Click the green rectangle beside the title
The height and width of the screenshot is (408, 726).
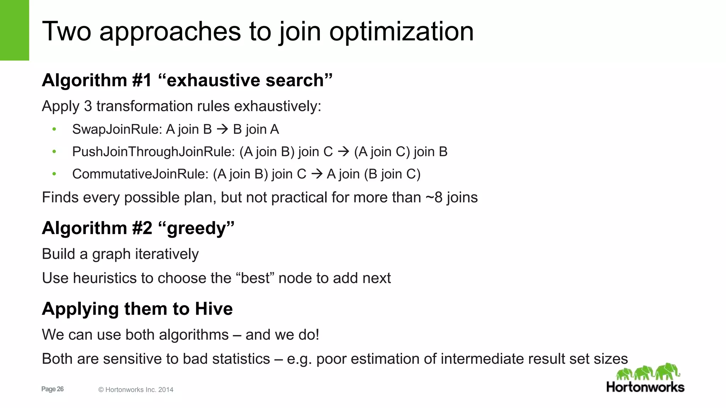[14, 30]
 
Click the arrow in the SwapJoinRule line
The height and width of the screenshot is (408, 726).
[222, 130]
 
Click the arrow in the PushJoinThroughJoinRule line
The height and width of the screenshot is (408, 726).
[344, 152]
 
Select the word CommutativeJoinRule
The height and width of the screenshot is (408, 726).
[140, 174]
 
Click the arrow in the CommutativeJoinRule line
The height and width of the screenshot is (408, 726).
[317, 174]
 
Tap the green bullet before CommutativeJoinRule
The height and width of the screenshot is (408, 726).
[54, 174]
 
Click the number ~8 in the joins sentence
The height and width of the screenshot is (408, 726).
[434, 198]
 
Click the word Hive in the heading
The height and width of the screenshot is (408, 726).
[214, 309]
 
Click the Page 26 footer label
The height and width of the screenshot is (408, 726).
[52, 389]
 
